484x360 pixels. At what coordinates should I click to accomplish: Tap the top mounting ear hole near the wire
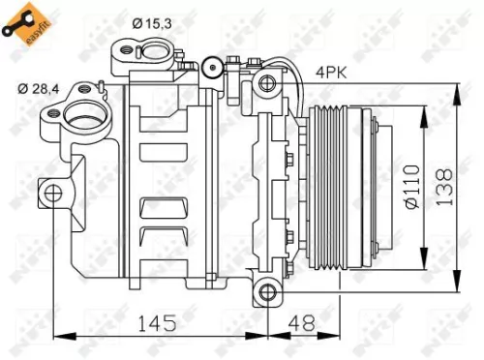(261, 85)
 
